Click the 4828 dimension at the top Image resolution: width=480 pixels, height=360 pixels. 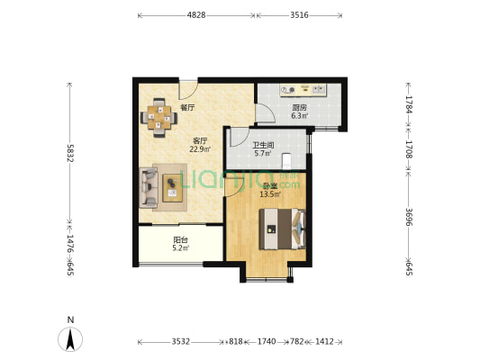[196, 15]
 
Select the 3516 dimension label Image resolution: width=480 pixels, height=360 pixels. [299, 15]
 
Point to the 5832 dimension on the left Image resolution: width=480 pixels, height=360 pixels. [70, 153]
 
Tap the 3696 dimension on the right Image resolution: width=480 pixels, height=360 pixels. [409, 217]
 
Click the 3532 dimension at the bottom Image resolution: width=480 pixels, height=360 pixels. [181, 341]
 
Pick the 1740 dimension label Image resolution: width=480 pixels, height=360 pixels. [267, 341]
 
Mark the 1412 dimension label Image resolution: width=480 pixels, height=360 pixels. [324, 341]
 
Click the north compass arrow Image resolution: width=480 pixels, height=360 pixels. [70, 339]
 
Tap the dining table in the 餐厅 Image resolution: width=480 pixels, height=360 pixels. [158, 118]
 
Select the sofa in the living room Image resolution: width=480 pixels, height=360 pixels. [149, 187]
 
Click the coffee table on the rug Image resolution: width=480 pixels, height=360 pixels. [172, 188]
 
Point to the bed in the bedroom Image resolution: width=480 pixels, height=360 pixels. [282, 229]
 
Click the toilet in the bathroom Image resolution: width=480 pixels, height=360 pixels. [286, 160]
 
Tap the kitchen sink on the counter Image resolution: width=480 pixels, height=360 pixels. [319, 90]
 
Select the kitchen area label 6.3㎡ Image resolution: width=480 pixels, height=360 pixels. [300, 115]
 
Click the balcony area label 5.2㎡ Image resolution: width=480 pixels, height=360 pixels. [181, 248]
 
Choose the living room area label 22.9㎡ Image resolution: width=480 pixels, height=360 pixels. [200, 149]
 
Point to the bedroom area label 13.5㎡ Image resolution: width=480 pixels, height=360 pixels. [270, 193]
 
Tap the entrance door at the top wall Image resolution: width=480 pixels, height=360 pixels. [188, 90]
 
